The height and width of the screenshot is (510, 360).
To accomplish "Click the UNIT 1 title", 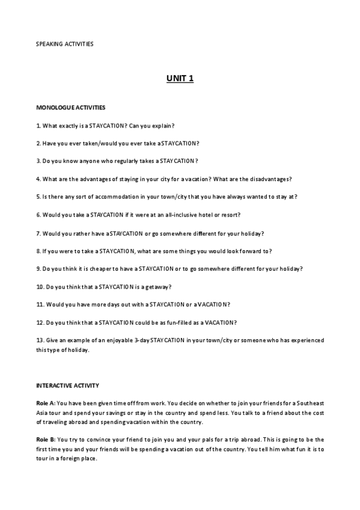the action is click(180, 78).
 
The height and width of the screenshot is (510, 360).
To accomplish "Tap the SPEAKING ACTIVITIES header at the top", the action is click(64, 44).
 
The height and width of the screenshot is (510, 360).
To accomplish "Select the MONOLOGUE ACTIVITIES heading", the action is click(71, 108).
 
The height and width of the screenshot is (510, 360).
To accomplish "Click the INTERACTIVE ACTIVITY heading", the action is click(68, 385).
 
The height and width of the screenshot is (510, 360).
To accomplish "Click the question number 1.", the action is click(38, 126).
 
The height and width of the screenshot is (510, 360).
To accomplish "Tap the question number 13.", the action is click(40, 340).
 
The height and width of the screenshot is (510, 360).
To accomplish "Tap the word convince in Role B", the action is click(88, 440).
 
